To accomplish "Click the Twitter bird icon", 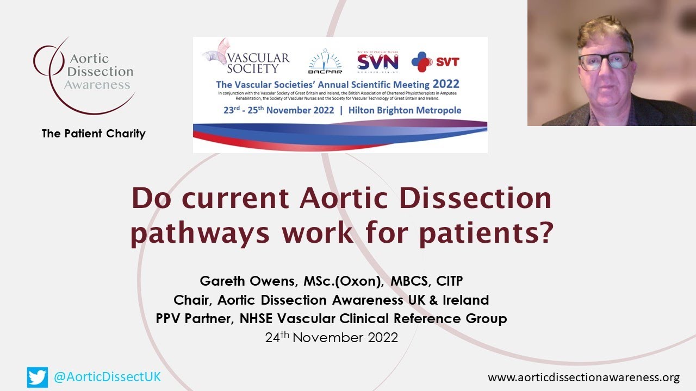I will pyautogui.click(x=38, y=377).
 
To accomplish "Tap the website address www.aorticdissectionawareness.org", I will pyautogui.click(x=583, y=377).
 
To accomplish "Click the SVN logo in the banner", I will pyautogui.click(x=370, y=62).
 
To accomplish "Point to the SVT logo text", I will pyautogui.click(x=447, y=61).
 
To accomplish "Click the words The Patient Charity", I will pyautogui.click(x=94, y=134).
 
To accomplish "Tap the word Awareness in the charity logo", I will pyautogui.click(x=97, y=85).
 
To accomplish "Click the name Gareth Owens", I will pyautogui.click(x=241, y=282).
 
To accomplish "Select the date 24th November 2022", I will pyautogui.click(x=331, y=337).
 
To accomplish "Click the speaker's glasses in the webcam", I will pyautogui.click(x=605, y=60).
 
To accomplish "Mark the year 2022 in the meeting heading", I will pyautogui.click(x=446, y=84).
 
